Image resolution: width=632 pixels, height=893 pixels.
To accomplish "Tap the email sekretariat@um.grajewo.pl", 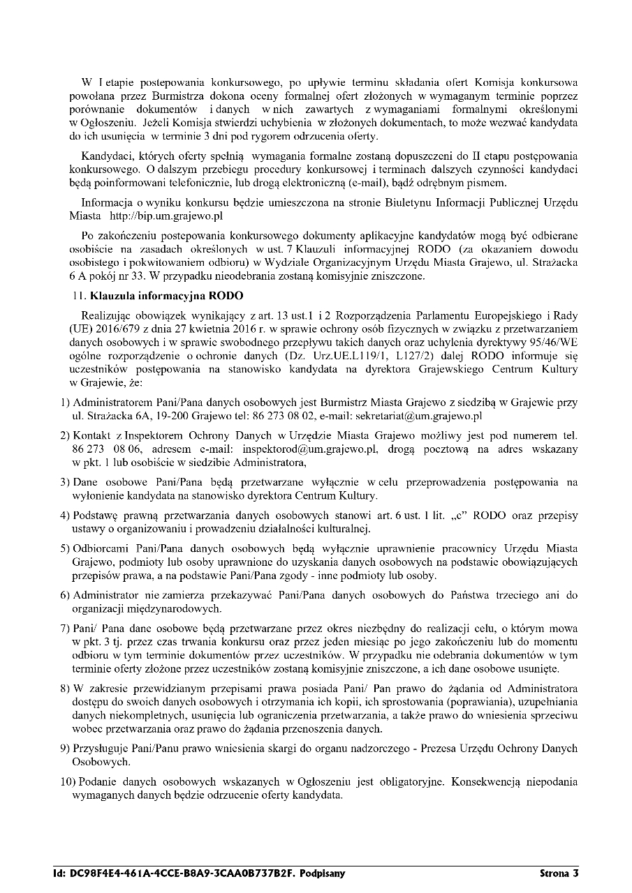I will [x=425, y=417].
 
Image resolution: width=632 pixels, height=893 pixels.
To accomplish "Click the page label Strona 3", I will [x=559, y=873].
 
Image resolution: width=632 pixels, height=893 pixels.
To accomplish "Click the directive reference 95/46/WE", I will [x=552, y=343].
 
